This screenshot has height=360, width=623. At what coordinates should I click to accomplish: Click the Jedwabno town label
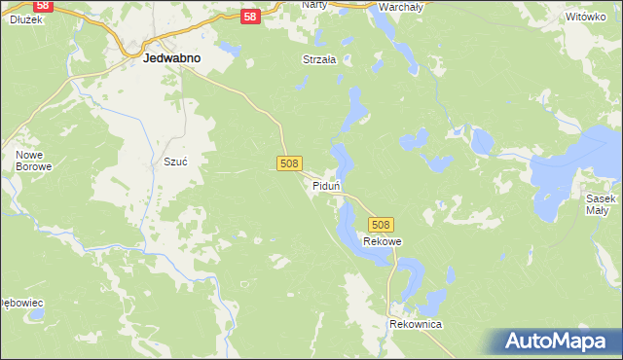point(171,58)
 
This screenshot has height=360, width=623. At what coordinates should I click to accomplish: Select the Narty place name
point(314,5)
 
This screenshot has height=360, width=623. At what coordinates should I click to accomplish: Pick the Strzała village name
point(318,59)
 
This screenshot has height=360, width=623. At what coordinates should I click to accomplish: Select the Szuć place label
point(175,162)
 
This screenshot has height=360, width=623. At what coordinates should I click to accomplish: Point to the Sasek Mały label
point(598,203)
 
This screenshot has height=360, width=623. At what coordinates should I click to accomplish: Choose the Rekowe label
point(382,241)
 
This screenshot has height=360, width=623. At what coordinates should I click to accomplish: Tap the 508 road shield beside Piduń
point(288,164)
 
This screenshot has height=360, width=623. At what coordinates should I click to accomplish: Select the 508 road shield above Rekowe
point(381,225)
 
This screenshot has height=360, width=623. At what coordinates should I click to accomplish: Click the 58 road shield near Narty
point(250,17)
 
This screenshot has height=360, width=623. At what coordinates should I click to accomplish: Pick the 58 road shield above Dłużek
point(42,3)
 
